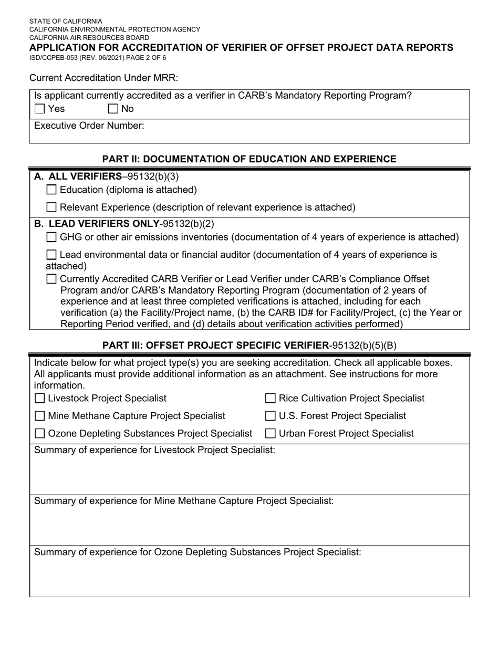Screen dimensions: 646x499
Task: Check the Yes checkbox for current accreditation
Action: [x=39, y=109]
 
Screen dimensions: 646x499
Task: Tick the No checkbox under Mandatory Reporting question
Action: [x=113, y=109]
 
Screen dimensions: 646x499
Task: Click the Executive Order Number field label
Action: [x=89, y=126]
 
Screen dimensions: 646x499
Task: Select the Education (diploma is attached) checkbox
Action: [x=51, y=190]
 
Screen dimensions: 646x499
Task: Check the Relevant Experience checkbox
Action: [x=51, y=207]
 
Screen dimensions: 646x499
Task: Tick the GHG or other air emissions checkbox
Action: [x=51, y=237]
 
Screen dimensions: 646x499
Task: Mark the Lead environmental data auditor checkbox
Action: [x=51, y=255]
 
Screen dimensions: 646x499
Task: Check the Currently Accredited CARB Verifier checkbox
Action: [x=51, y=279]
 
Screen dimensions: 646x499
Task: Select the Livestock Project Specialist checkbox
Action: [x=39, y=399]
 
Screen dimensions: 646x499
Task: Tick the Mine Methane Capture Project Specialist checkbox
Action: [x=39, y=416]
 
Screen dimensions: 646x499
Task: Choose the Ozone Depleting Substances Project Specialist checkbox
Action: [x=39, y=434]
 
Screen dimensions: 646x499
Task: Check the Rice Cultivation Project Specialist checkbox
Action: [x=271, y=399]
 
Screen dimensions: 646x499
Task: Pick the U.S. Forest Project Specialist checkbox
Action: [x=271, y=416]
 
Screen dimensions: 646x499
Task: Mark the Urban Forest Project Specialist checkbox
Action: [x=271, y=434]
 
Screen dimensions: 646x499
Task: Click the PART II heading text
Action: [x=249, y=159]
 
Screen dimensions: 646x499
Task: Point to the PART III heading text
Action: [x=249, y=345]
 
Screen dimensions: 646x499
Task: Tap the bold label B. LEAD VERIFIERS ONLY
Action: [x=97, y=224]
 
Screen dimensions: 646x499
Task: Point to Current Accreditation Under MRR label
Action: [x=104, y=78]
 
